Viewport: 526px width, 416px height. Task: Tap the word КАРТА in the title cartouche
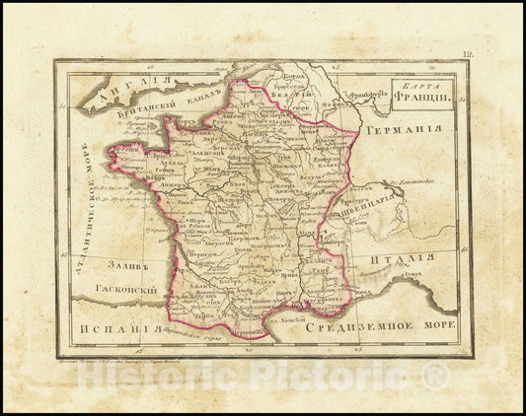point(421,86)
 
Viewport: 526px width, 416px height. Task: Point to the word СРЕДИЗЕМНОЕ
point(355,325)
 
